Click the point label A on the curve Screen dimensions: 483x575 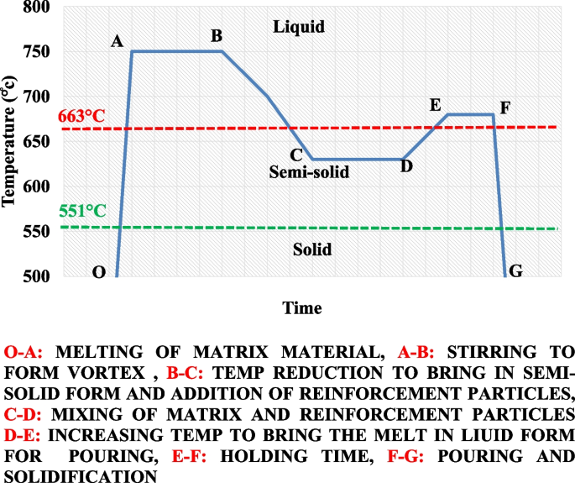coord(117,42)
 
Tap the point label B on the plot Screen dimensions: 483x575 coord(217,36)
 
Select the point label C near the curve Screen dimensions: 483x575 coord(295,155)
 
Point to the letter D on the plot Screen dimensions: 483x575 coord(406,166)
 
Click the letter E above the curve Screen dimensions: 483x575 coord(435,105)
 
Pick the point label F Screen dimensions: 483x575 coord(504,108)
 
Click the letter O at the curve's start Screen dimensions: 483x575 coord(98,271)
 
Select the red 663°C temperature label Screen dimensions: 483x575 coord(81,117)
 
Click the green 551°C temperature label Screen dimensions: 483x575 coord(83,211)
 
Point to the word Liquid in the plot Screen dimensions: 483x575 coord(299,27)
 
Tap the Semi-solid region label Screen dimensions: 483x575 coord(309,172)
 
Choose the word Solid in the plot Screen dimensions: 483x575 coord(312,249)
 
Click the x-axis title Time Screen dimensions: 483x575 coord(301,307)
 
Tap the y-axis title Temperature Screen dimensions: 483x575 coord(10,141)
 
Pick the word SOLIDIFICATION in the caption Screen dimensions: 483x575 coord(72,475)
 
